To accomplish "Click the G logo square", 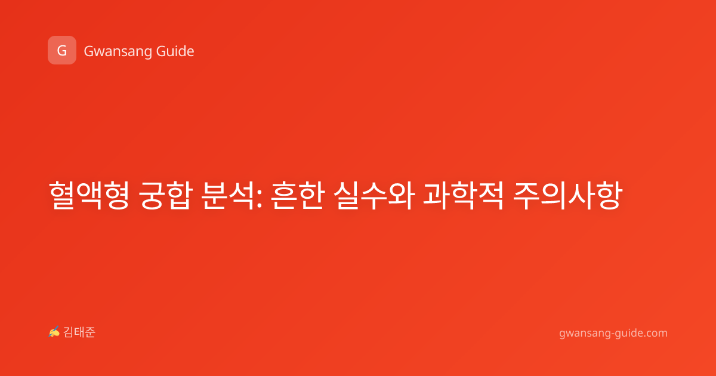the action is tap(62, 50).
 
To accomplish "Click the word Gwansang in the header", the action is tap(118, 52).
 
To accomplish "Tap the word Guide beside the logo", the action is tap(175, 51).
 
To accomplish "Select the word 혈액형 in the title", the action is tap(89, 195).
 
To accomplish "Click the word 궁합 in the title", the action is tap(166, 195).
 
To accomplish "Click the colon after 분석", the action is tap(259, 199).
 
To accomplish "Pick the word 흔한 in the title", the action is tap(298, 195).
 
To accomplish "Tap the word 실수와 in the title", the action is tap(374, 195).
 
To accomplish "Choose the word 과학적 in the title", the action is tap(463, 195).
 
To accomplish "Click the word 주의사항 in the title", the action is tap(567, 195).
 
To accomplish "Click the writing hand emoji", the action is tap(54, 332).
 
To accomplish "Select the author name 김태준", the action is tap(79, 332).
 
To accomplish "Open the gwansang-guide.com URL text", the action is tap(613, 333).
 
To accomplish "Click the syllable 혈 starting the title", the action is tap(62, 195).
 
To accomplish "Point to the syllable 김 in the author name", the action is tap(69, 332).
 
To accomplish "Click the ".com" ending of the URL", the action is tap(655, 332).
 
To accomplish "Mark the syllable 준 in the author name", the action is tap(90, 332).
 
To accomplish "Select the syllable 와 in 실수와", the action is tap(401, 195).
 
